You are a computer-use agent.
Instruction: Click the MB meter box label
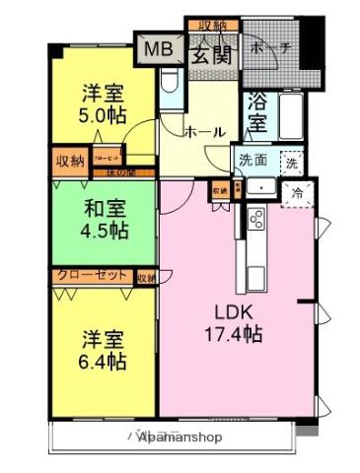tap(157, 49)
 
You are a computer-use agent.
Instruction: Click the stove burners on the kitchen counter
tap(255, 219)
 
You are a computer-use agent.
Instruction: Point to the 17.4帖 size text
tap(234, 335)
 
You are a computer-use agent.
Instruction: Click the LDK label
tap(234, 312)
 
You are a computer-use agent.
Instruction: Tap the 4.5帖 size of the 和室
tap(104, 231)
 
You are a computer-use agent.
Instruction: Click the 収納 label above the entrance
tap(212, 25)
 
